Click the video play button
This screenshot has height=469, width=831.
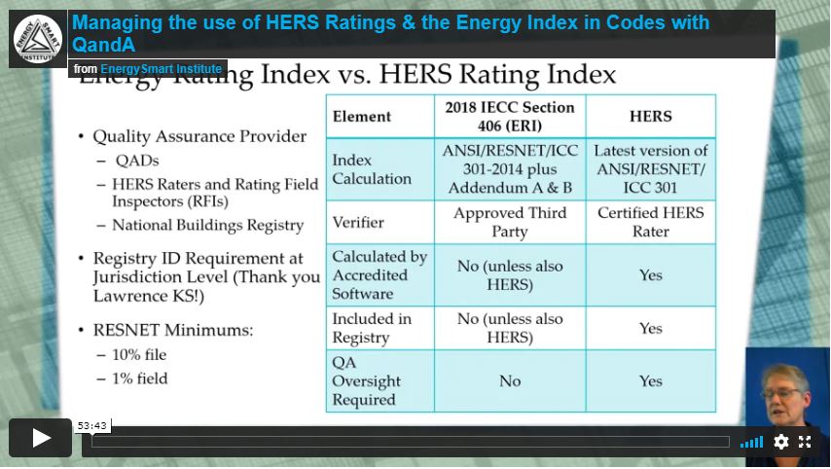[41, 439]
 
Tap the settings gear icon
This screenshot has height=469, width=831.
[780, 442]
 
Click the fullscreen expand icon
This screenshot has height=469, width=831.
[805, 442]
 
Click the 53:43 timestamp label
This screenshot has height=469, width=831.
[92, 425]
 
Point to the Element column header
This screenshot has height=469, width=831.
[362, 117]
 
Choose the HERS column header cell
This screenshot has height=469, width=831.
[650, 117]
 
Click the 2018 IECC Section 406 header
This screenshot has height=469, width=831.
[509, 116]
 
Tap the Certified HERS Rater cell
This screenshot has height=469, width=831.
[650, 222]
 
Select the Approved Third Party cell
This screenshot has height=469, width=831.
[509, 222]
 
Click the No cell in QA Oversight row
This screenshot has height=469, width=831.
[509, 381]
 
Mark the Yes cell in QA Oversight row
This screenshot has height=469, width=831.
[650, 381]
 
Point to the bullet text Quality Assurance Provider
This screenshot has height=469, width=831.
[199, 137]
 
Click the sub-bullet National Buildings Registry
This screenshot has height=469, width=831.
[207, 225]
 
